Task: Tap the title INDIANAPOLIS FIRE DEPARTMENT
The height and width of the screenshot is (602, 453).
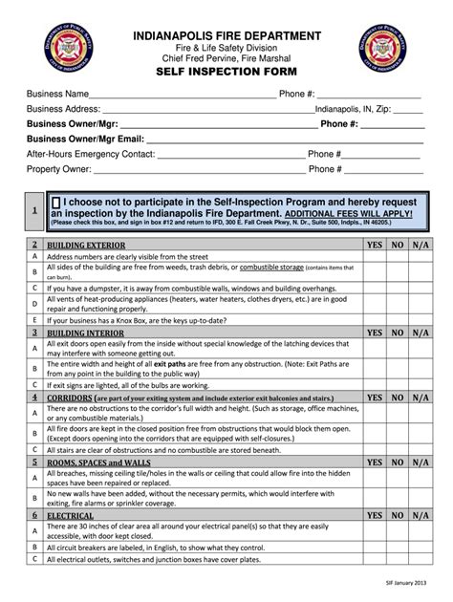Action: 226,35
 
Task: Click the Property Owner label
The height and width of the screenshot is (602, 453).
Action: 58,169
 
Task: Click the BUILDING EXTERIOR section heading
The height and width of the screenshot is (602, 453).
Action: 85,245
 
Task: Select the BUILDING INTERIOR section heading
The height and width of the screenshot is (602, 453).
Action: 84,332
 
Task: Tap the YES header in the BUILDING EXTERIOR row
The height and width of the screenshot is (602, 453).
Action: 375,245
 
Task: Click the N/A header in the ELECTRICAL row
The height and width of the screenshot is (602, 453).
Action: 421,515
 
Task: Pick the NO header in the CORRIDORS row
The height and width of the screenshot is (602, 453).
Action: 398,396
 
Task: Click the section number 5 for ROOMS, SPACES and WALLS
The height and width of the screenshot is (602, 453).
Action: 34,461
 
